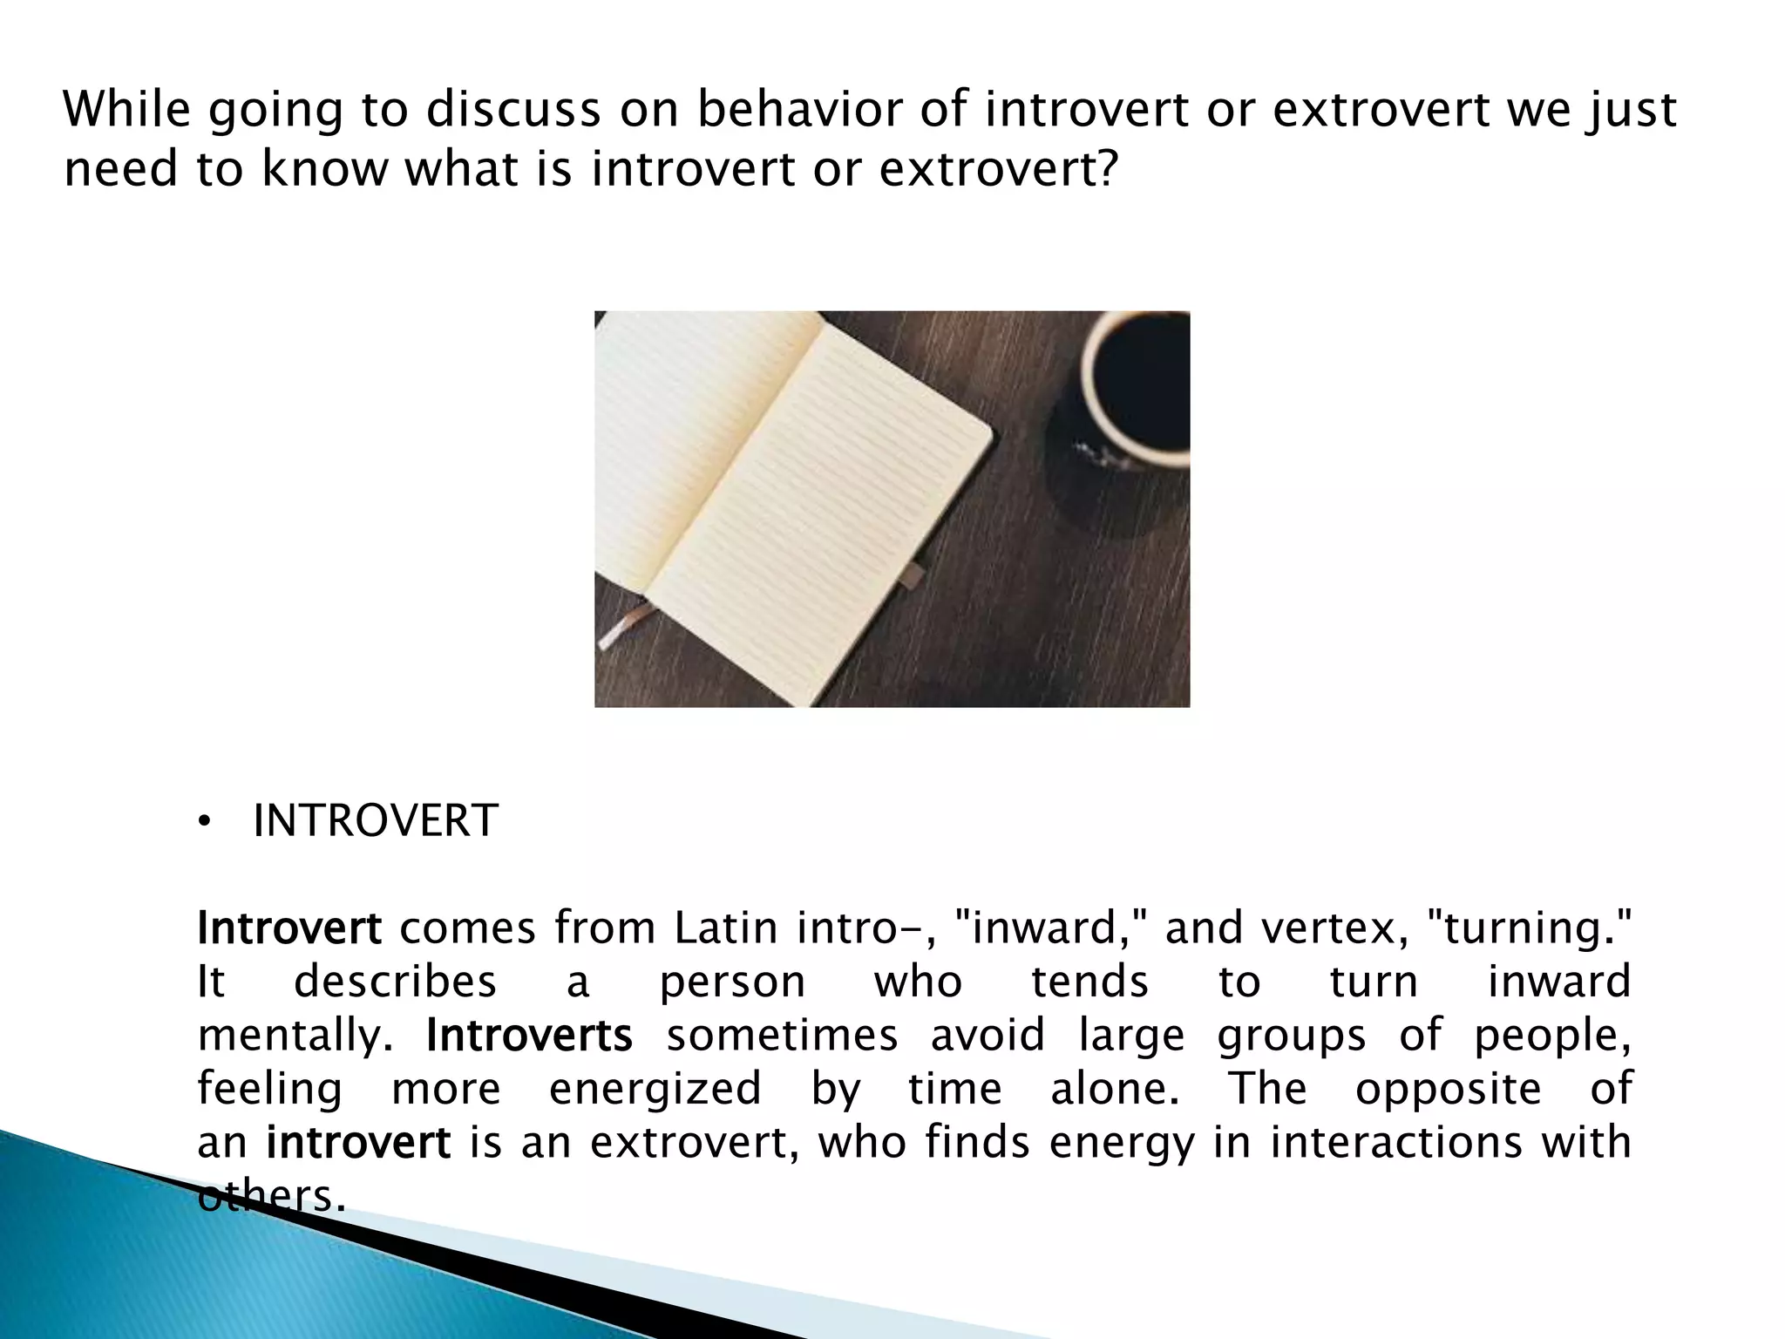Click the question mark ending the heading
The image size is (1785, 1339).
click(1104, 168)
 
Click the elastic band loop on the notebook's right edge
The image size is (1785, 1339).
click(913, 574)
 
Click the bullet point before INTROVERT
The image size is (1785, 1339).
click(204, 822)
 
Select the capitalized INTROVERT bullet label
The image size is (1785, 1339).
click(375, 821)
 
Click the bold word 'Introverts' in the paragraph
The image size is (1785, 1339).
click(529, 1037)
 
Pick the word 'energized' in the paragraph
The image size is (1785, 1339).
click(655, 1090)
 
